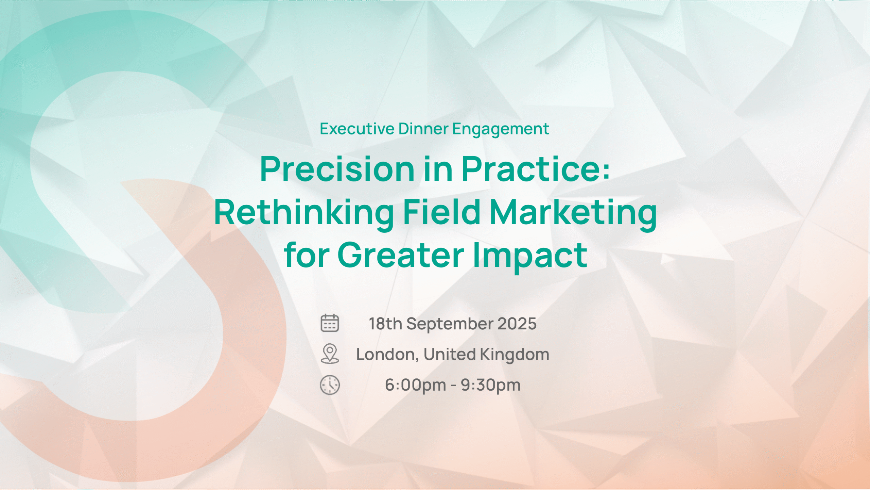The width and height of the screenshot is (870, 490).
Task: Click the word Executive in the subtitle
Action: [x=357, y=129]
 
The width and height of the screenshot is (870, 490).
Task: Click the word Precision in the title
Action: [x=337, y=169]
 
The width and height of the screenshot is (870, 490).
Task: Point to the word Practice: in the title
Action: [x=535, y=169]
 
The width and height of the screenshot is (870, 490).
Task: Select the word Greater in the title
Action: [x=401, y=255]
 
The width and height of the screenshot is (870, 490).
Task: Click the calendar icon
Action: [x=330, y=323]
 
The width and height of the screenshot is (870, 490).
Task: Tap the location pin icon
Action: [x=330, y=354]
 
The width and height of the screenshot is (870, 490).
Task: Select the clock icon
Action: [x=330, y=385]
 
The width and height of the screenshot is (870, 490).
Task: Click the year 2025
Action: [x=517, y=324]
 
